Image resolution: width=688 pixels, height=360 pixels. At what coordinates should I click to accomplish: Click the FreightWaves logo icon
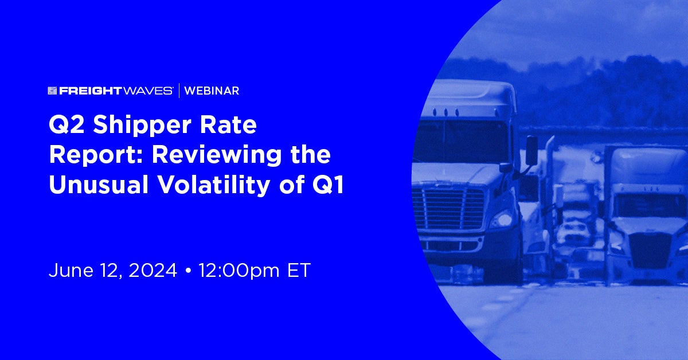(52, 91)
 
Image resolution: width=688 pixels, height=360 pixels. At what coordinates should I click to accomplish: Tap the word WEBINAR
(212, 91)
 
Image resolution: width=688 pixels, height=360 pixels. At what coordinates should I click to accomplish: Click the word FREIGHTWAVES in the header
(116, 91)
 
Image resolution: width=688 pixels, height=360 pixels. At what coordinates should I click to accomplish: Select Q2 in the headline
(67, 125)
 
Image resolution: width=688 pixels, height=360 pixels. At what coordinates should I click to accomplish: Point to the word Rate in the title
(228, 125)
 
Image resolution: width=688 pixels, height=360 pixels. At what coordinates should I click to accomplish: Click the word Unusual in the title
(99, 185)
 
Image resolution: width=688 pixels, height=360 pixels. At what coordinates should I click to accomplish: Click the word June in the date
(71, 271)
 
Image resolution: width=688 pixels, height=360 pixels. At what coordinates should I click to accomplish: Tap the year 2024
(153, 271)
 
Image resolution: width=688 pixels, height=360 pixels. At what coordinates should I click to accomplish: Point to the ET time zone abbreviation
(299, 271)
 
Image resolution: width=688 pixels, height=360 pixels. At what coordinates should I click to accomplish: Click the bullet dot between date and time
(188, 271)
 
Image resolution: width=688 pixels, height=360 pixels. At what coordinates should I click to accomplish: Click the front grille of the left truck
(449, 209)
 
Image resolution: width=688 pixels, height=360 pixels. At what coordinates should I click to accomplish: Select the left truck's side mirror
(531, 151)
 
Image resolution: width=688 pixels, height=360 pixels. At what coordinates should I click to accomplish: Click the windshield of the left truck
(461, 141)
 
